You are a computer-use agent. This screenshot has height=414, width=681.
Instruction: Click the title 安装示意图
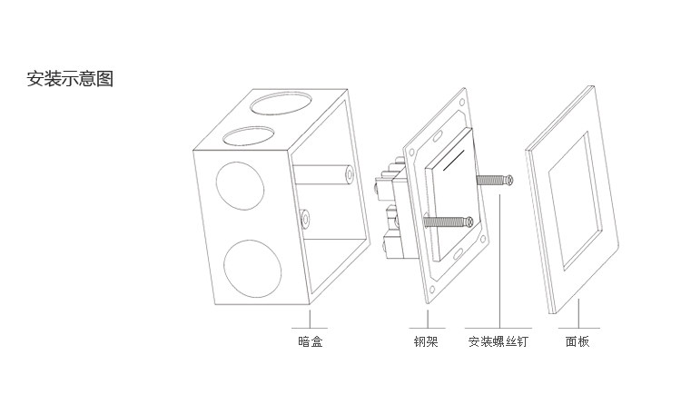(70, 78)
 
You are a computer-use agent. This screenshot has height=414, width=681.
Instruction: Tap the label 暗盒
(311, 342)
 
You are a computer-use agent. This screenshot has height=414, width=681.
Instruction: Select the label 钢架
(425, 342)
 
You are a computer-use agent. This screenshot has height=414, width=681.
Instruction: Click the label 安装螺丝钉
(498, 342)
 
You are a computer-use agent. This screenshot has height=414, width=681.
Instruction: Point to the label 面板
(577, 342)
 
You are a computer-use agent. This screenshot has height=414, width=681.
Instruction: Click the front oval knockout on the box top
(246, 136)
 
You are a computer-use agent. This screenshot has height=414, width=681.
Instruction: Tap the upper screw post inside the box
(347, 171)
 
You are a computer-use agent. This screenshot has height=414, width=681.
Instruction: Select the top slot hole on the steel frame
(438, 136)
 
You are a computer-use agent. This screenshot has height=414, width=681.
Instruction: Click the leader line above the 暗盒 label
(311, 318)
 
